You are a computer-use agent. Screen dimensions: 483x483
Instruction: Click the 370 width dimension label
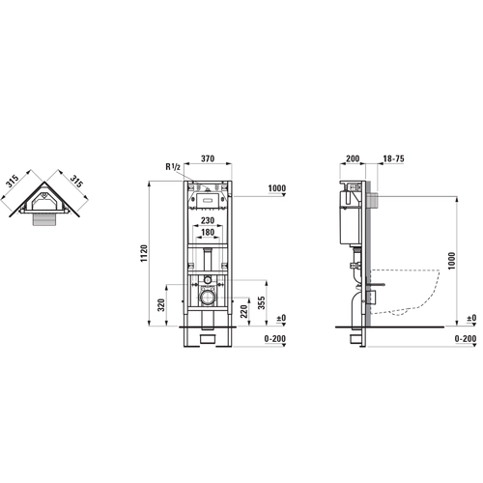click(x=208, y=158)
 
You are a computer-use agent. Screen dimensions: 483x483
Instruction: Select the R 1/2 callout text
click(x=173, y=167)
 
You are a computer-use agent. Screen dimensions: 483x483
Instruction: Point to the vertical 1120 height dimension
click(x=144, y=253)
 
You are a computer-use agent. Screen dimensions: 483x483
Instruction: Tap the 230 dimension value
click(x=208, y=220)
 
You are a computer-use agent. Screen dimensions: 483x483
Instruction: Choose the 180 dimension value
click(x=208, y=232)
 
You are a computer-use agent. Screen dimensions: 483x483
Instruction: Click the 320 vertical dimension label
click(x=161, y=305)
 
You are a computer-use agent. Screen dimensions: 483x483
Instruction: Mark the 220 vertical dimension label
click(x=244, y=311)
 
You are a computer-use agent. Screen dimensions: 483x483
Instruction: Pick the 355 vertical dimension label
click(x=262, y=303)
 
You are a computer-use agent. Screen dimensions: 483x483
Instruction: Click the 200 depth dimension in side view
click(x=353, y=158)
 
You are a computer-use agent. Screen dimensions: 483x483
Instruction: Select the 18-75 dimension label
click(x=393, y=158)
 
